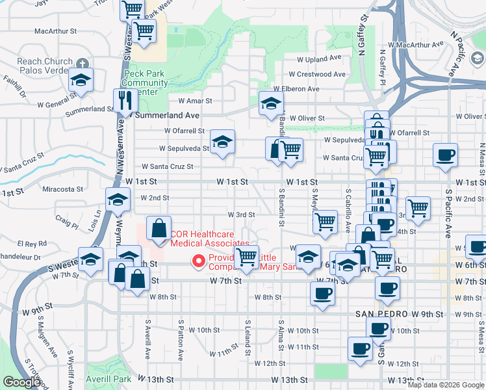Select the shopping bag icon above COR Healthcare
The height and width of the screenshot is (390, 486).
[x=159, y=228]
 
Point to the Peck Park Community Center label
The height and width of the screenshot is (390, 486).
[x=146, y=83]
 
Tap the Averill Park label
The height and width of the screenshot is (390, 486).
[x=109, y=379]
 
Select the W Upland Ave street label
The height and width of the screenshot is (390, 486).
[x=319, y=58]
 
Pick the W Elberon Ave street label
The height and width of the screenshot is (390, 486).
[x=296, y=89]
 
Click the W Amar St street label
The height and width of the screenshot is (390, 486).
[x=191, y=101]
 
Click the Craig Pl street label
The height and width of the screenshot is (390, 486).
[x=66, y=218]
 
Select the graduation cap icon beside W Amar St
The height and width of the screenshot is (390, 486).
[x=272, y=103]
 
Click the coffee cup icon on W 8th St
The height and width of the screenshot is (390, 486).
[x=322, y=294]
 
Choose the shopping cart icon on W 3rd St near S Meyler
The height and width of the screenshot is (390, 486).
[x=325, y=222]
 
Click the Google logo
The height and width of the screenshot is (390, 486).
[x=21, y=382]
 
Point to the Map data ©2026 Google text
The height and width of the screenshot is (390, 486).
[x=445, y=385]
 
